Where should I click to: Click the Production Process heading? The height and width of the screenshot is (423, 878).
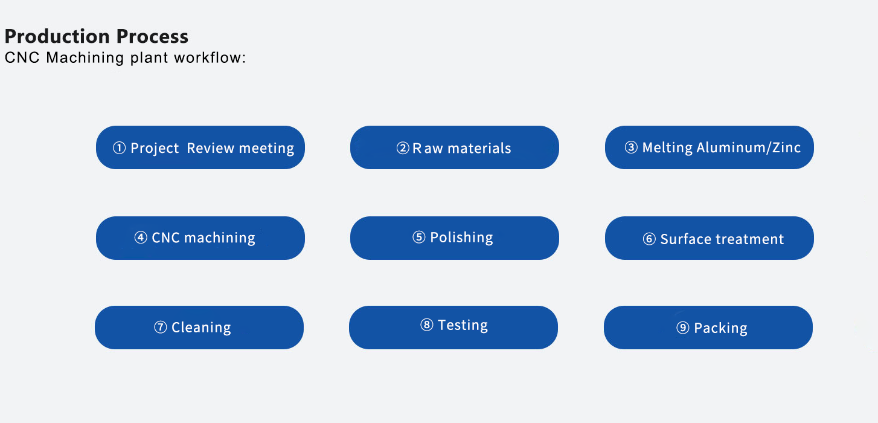[x=97, y=36]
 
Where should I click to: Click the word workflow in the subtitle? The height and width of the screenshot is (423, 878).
[x=210, y=57]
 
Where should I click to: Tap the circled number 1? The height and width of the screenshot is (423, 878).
[x=119, y=148]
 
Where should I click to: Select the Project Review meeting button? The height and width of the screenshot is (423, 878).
[x=200, y=147]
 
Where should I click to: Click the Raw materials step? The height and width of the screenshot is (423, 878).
[x=455, y=147]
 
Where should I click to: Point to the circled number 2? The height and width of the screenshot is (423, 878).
[x=403, y=148]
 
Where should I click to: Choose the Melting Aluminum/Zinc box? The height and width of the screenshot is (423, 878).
[x=710, y=147]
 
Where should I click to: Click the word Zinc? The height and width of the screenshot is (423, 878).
[x=786, y=147]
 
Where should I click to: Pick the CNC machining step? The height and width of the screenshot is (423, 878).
[x=200, y=238]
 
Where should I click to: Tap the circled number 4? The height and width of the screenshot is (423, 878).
[x=141, y=237]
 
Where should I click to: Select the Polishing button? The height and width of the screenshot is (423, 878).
[x=455, y=238]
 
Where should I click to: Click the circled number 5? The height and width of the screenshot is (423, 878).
[x=419, y=237]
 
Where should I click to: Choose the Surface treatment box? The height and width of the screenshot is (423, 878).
[x=710, y=238]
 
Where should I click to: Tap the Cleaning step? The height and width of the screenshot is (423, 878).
[x=199, y=328]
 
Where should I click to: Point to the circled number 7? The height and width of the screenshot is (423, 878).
[x=160, y=327]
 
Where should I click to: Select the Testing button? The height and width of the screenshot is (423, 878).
[x=453, y=328]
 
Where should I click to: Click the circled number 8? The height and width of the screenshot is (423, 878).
[x=427, y=325]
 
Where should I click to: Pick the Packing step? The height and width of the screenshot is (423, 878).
[x=708, y=328]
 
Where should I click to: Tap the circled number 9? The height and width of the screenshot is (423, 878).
[x=683, y=328]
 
